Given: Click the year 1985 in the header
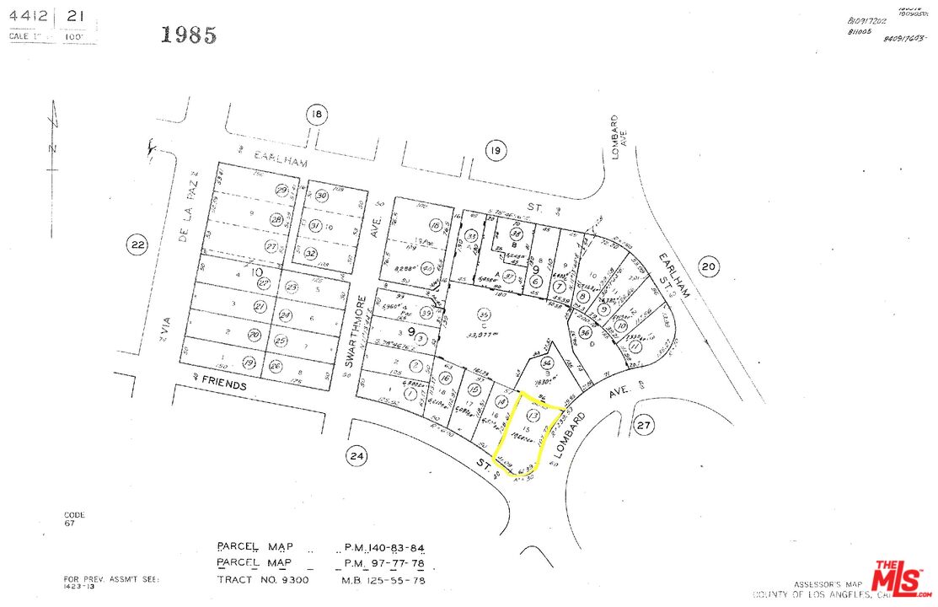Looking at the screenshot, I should coord(189,35).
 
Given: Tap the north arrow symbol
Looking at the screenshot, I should coord(53,135).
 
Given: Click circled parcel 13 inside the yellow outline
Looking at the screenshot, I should coord(533,415).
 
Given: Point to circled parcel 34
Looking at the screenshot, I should coord(546,363).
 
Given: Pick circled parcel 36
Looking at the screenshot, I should coord(586,334).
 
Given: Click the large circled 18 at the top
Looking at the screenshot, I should coord(316,115).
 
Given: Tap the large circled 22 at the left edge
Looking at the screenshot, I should coord(137,245).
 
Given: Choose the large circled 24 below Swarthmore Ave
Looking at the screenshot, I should coord(356,457).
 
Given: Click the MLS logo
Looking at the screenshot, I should coord(903,579).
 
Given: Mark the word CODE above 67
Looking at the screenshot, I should coord(74,514).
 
